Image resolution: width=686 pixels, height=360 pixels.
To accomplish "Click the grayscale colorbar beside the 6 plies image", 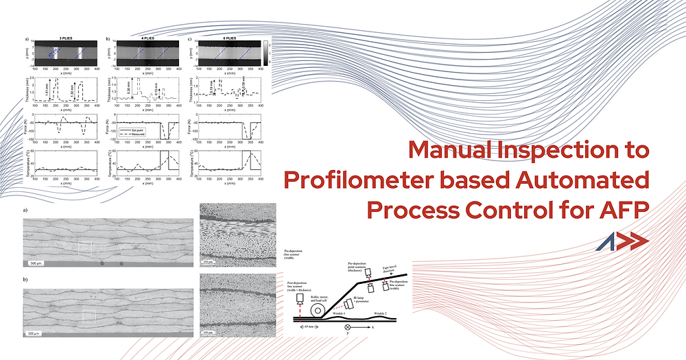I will (265, 54).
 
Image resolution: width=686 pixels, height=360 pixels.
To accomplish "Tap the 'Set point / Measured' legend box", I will (136, 130).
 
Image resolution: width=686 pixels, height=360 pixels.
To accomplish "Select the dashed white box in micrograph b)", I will (90, 315).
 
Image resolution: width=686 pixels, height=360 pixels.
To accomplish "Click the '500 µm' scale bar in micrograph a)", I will (38, 263).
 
